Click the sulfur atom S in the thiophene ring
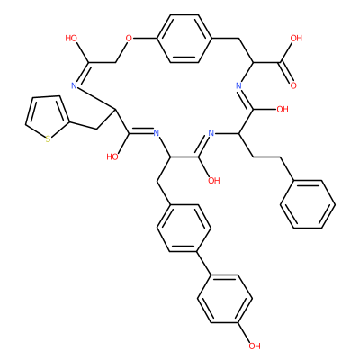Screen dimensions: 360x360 pos(48,139)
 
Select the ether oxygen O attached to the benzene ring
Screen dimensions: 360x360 pos(129,39)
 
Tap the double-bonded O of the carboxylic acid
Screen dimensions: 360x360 pos(293,85)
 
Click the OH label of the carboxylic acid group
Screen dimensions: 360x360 pos(295,38)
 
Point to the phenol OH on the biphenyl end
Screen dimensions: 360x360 pos(254,346)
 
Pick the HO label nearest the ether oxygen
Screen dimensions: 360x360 pos(71,38)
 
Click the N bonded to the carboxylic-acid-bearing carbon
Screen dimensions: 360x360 pos(238,85)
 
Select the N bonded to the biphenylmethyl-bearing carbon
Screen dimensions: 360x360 pos(156,133)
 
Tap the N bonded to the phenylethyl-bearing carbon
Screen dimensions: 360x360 pos(211,133)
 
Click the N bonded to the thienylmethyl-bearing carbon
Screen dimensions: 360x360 pos(75,85)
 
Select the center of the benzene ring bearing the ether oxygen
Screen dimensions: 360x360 pos(184,39)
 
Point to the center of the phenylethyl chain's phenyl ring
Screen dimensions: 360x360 pos(308,204)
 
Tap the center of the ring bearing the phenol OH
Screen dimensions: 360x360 pos(225,299)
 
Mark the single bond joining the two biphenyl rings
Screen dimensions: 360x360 pos(204,263)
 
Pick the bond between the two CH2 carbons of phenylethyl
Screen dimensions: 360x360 pos(266,157)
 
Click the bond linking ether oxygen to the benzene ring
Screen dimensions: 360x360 pos(145,39)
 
